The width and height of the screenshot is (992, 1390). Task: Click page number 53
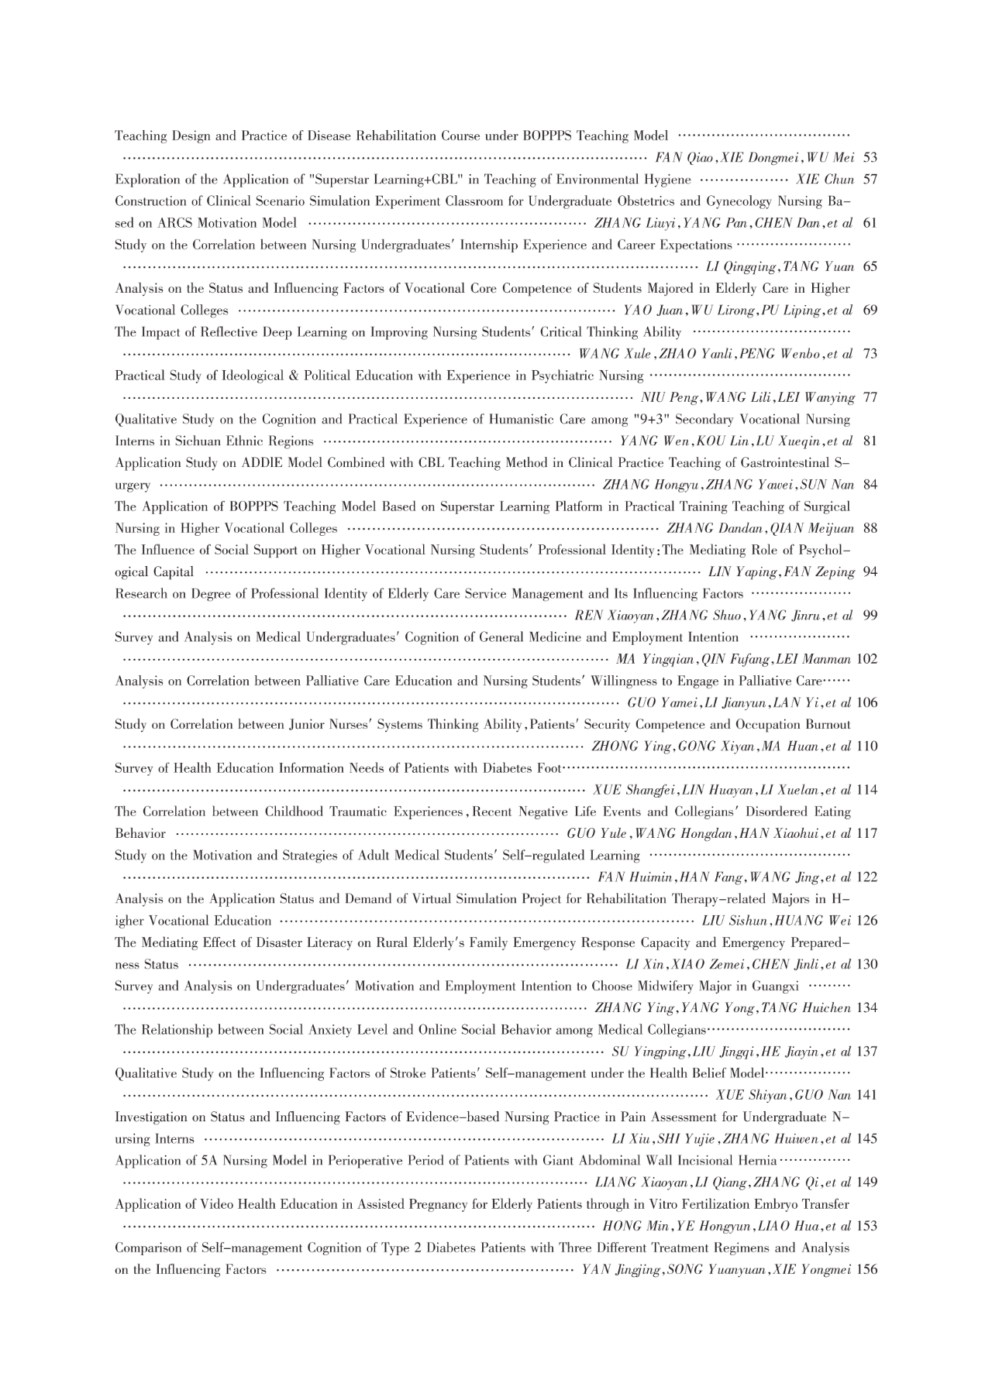click(x=870, y=158)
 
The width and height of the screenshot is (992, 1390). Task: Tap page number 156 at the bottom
click(x=868, y=1270)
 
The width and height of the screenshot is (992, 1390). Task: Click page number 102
click(x=868, y=660)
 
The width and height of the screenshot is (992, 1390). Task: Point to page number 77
click(x=870, y=398)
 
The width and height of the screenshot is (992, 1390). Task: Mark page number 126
click(x=868, y=922)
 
